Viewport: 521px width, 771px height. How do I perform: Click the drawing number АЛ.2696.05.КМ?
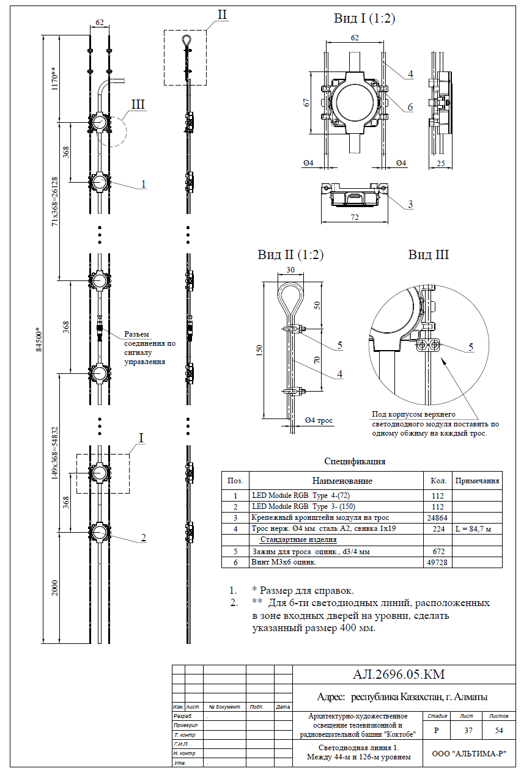398,674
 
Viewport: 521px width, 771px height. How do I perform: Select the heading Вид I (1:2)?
364,18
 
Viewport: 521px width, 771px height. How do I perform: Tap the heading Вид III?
428,254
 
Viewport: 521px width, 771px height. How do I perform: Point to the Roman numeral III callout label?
138,104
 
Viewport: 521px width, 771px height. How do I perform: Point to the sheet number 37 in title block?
466,729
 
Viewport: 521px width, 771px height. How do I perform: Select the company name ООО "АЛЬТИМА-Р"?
468,754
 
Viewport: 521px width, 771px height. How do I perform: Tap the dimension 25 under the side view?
441,164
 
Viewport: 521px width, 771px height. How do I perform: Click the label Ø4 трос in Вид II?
319,420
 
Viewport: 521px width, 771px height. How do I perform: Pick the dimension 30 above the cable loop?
291,270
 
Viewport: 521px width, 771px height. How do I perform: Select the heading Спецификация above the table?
355,461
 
